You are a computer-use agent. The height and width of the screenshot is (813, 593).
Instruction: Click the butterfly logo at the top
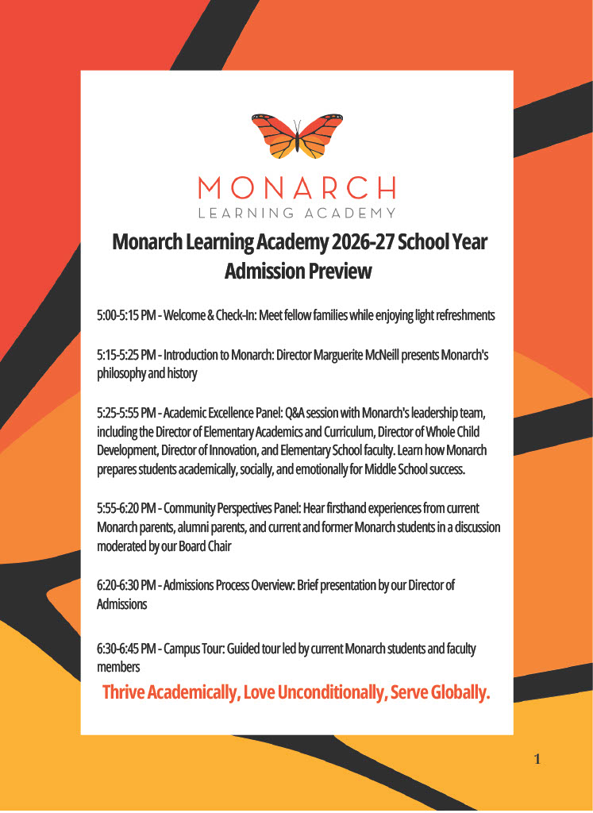(297, 135)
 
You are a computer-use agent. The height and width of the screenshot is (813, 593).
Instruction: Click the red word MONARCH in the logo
(297, 188)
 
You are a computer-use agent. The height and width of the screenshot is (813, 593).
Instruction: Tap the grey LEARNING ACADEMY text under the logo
(297, 213)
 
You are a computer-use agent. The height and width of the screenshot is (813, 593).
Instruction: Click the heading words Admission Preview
(298, 271)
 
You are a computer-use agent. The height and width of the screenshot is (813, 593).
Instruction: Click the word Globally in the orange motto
(460, 692)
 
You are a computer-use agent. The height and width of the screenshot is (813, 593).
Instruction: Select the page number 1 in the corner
(537, 760)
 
